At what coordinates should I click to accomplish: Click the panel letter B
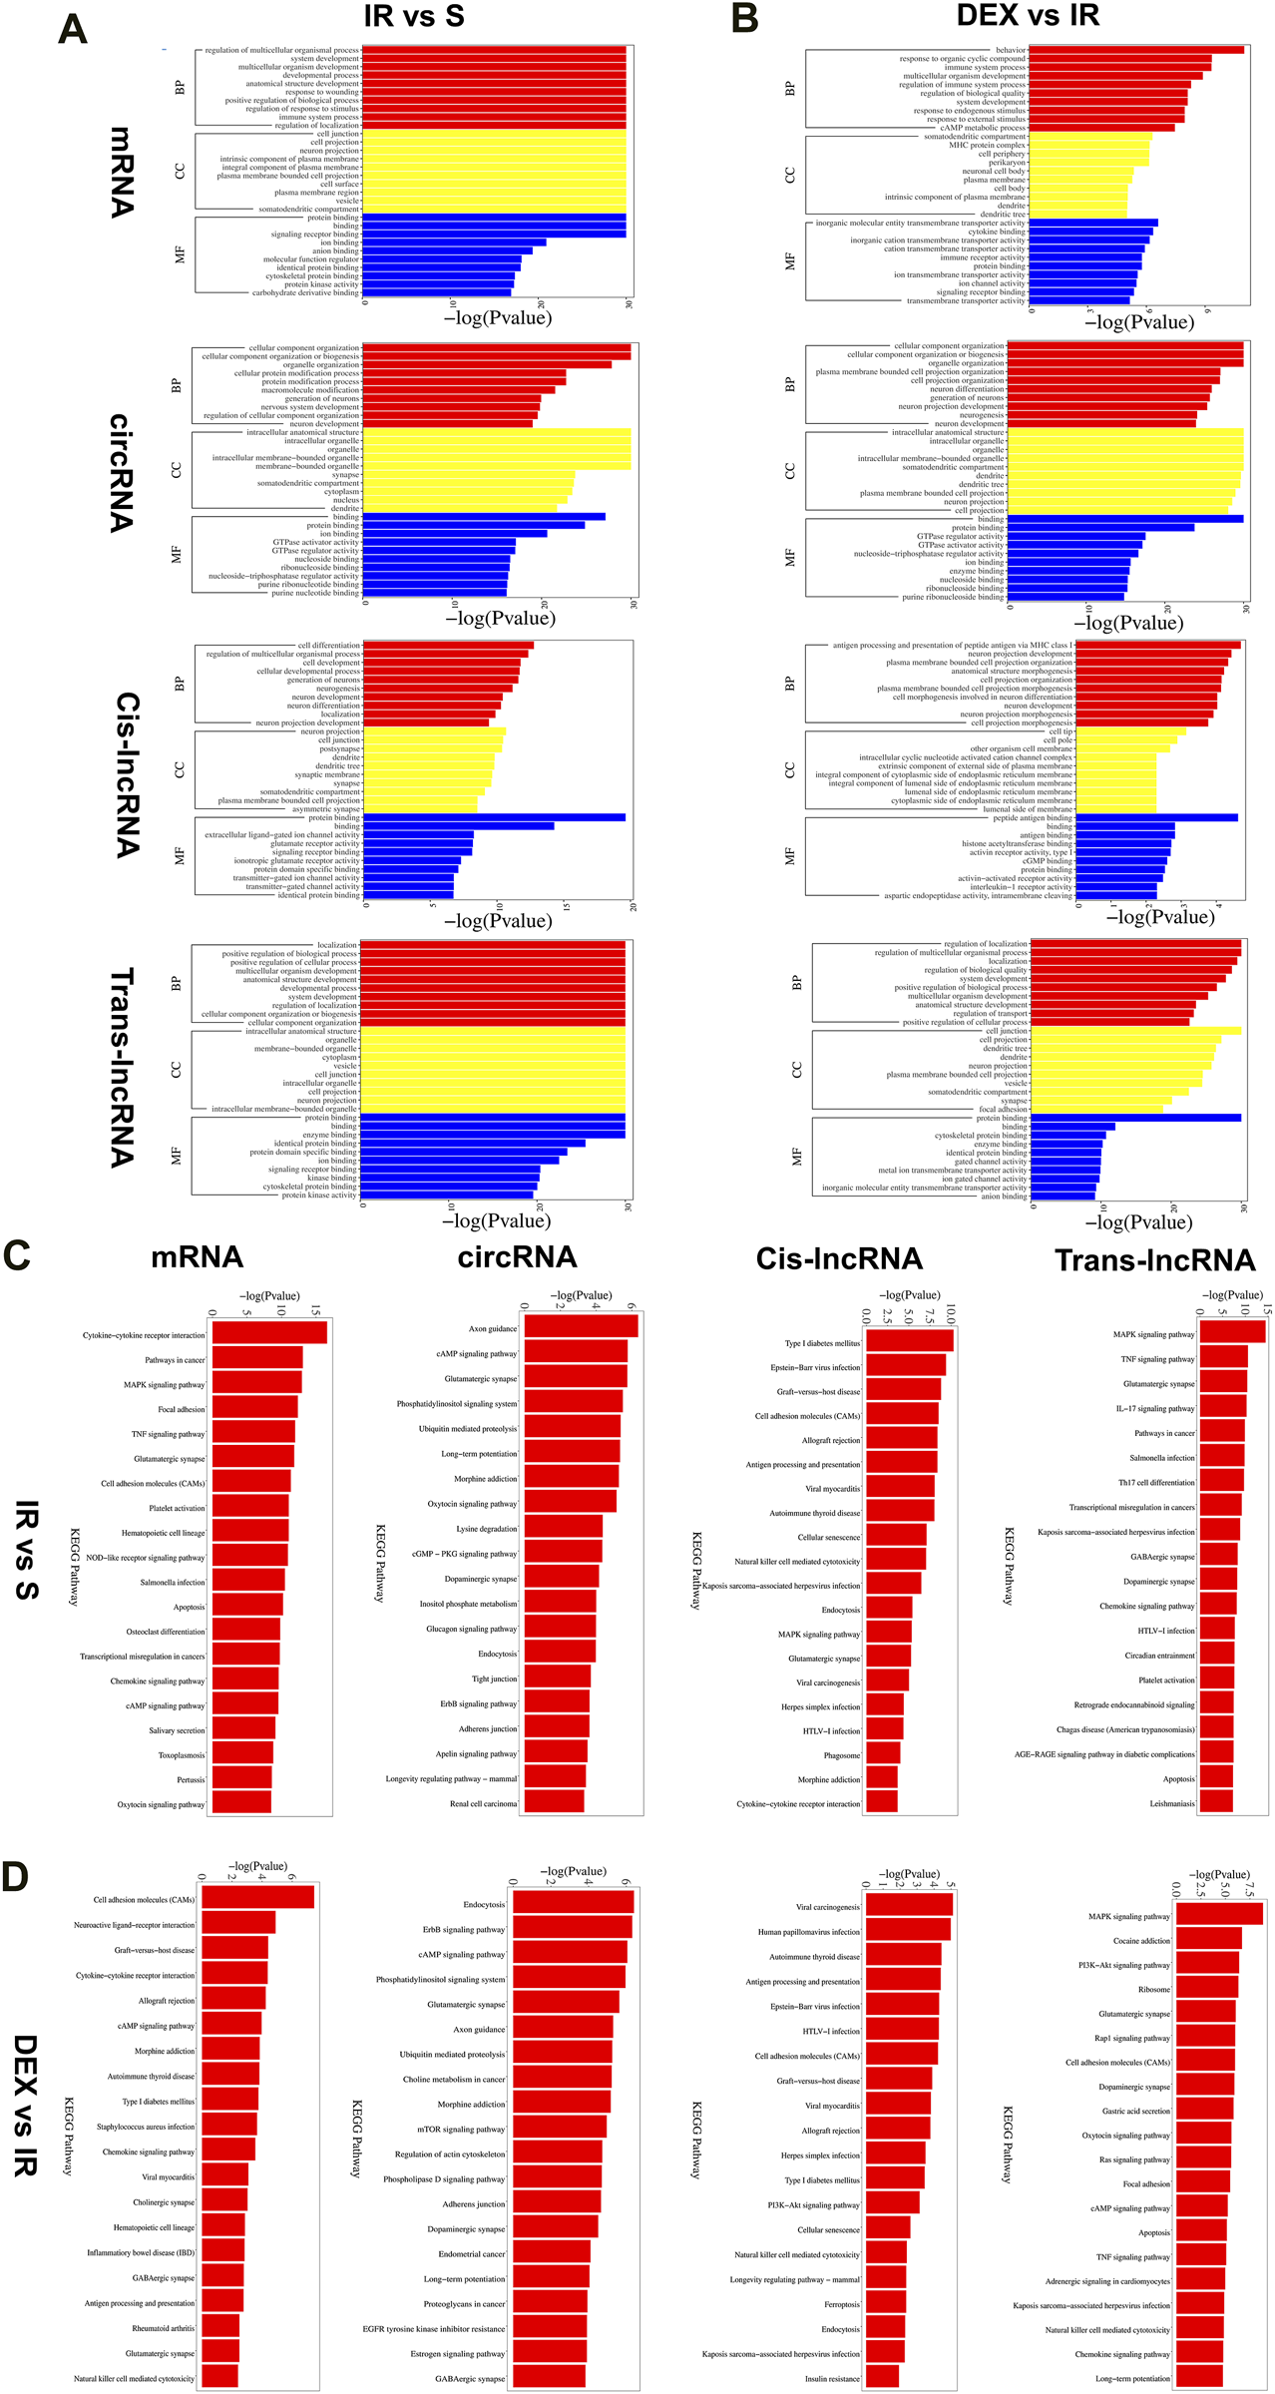(x=744, y=19)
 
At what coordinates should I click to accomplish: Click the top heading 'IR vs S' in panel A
(x=413, y=16)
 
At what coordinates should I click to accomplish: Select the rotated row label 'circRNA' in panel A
(x=121, y=472)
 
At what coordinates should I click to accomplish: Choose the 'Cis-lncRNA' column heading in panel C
(x=839, y=1258)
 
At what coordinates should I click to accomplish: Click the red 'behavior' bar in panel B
(x=1135, y=50)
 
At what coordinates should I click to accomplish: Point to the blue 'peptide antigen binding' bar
(x=1156, y=817)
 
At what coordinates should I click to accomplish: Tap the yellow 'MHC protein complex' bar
(x=1087, y=145)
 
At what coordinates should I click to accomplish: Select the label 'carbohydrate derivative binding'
(x=305, y=292)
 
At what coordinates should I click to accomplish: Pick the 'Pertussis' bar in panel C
(x=241, y=1779)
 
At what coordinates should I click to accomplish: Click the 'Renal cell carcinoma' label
(x=483, y=1803)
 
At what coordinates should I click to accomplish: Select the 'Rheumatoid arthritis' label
(x=164, y=2328)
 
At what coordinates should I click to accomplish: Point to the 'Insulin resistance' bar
(x=881, y=2378)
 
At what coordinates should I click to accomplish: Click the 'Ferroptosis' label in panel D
(x=842, y=2304)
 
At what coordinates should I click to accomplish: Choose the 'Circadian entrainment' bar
(x=1216, y=1655)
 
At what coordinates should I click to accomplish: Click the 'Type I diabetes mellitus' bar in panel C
(x=909, y=1342)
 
